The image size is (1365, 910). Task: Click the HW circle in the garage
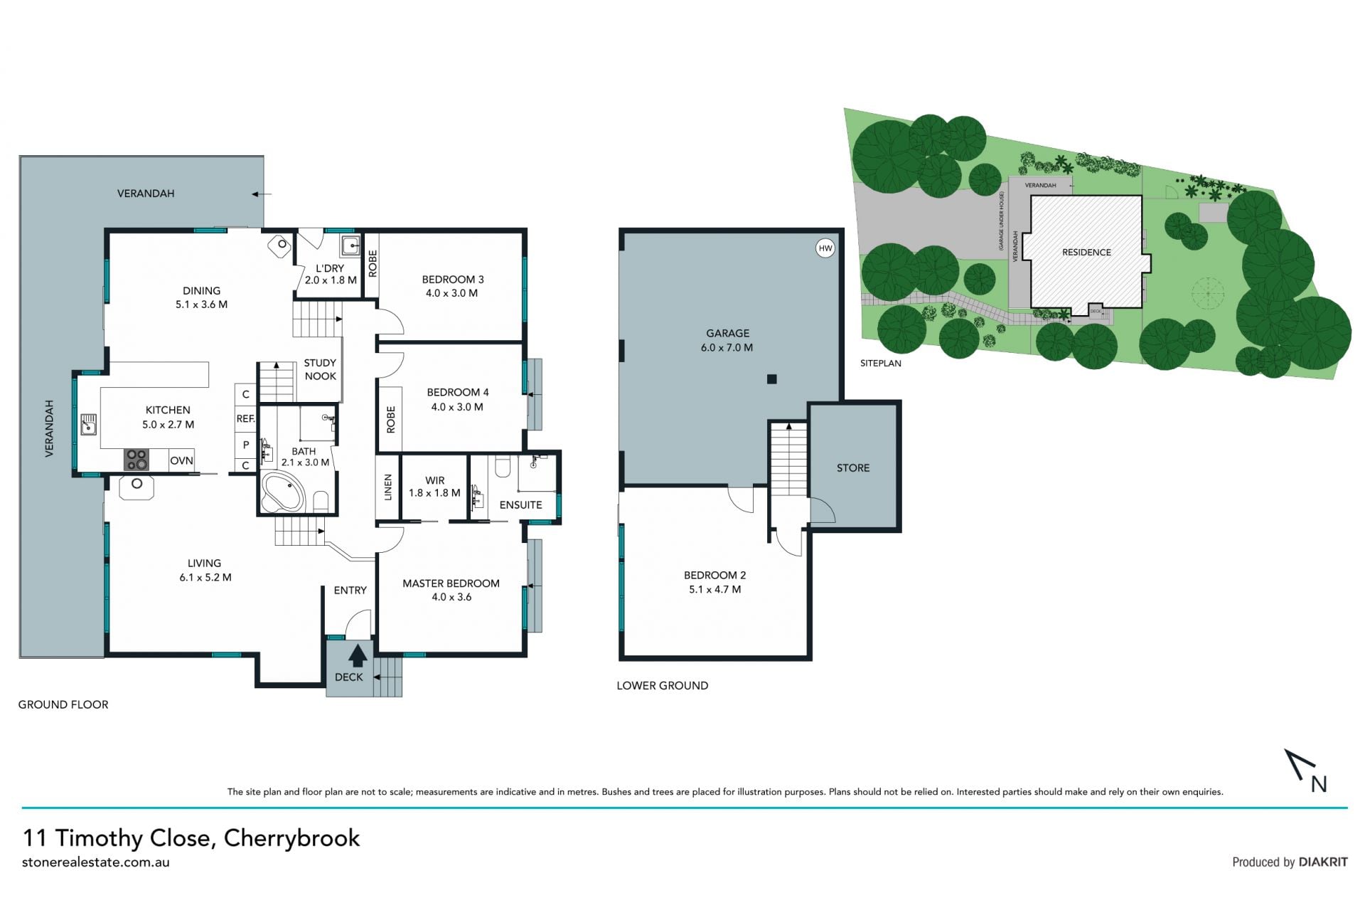(x=825, y=248)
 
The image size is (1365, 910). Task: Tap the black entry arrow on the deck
(x=358, y=655)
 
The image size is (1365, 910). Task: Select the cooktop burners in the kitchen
(x=136, y=460)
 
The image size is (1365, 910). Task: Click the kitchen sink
(x=88, y=425)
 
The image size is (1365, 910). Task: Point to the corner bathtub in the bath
(x=282, y=492)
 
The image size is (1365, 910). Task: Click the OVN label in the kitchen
(x=181, y=460)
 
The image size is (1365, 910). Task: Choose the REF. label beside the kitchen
(x=245, y=418)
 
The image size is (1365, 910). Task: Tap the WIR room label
(x=435, y=481)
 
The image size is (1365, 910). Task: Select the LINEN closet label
(x=388, y=488)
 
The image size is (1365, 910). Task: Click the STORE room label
(x=853, y=467)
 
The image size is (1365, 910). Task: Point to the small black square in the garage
(x=772, y=379)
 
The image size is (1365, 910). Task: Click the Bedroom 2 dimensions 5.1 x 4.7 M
(x=714, y=589)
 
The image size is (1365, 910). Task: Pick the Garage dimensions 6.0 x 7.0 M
(x=727, y=347)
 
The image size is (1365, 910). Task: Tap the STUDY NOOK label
(x=320, y=369)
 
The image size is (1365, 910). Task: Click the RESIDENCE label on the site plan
(x=1086, y=252)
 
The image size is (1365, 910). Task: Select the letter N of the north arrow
(x=1319, y=783)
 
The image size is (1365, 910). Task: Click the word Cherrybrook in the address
(x=291, y=837)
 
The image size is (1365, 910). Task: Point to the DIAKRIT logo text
(x=1323, y=862)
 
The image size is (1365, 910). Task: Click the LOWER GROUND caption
(x=662, y=685)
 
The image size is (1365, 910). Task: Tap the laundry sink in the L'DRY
(x=350, y=247)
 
